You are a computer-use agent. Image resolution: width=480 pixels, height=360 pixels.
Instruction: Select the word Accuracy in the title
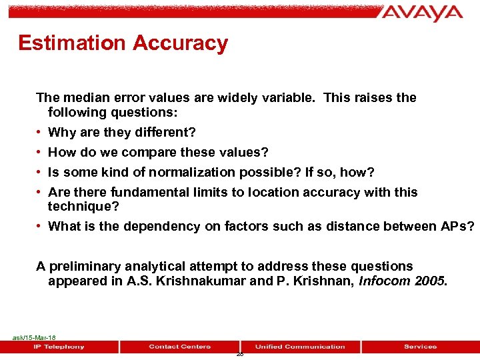[x=180, y=43]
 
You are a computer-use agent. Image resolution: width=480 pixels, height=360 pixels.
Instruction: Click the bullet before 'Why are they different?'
[x=40, y=133]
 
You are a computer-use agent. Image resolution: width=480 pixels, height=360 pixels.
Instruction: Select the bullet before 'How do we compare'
[x=40, y=153]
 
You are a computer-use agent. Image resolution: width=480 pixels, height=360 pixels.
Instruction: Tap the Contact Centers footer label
[x=180, y=347]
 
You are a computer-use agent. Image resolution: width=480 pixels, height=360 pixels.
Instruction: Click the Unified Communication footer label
[x=300, y=347]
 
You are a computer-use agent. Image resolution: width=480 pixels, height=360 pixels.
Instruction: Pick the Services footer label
[x=420, y=347]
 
